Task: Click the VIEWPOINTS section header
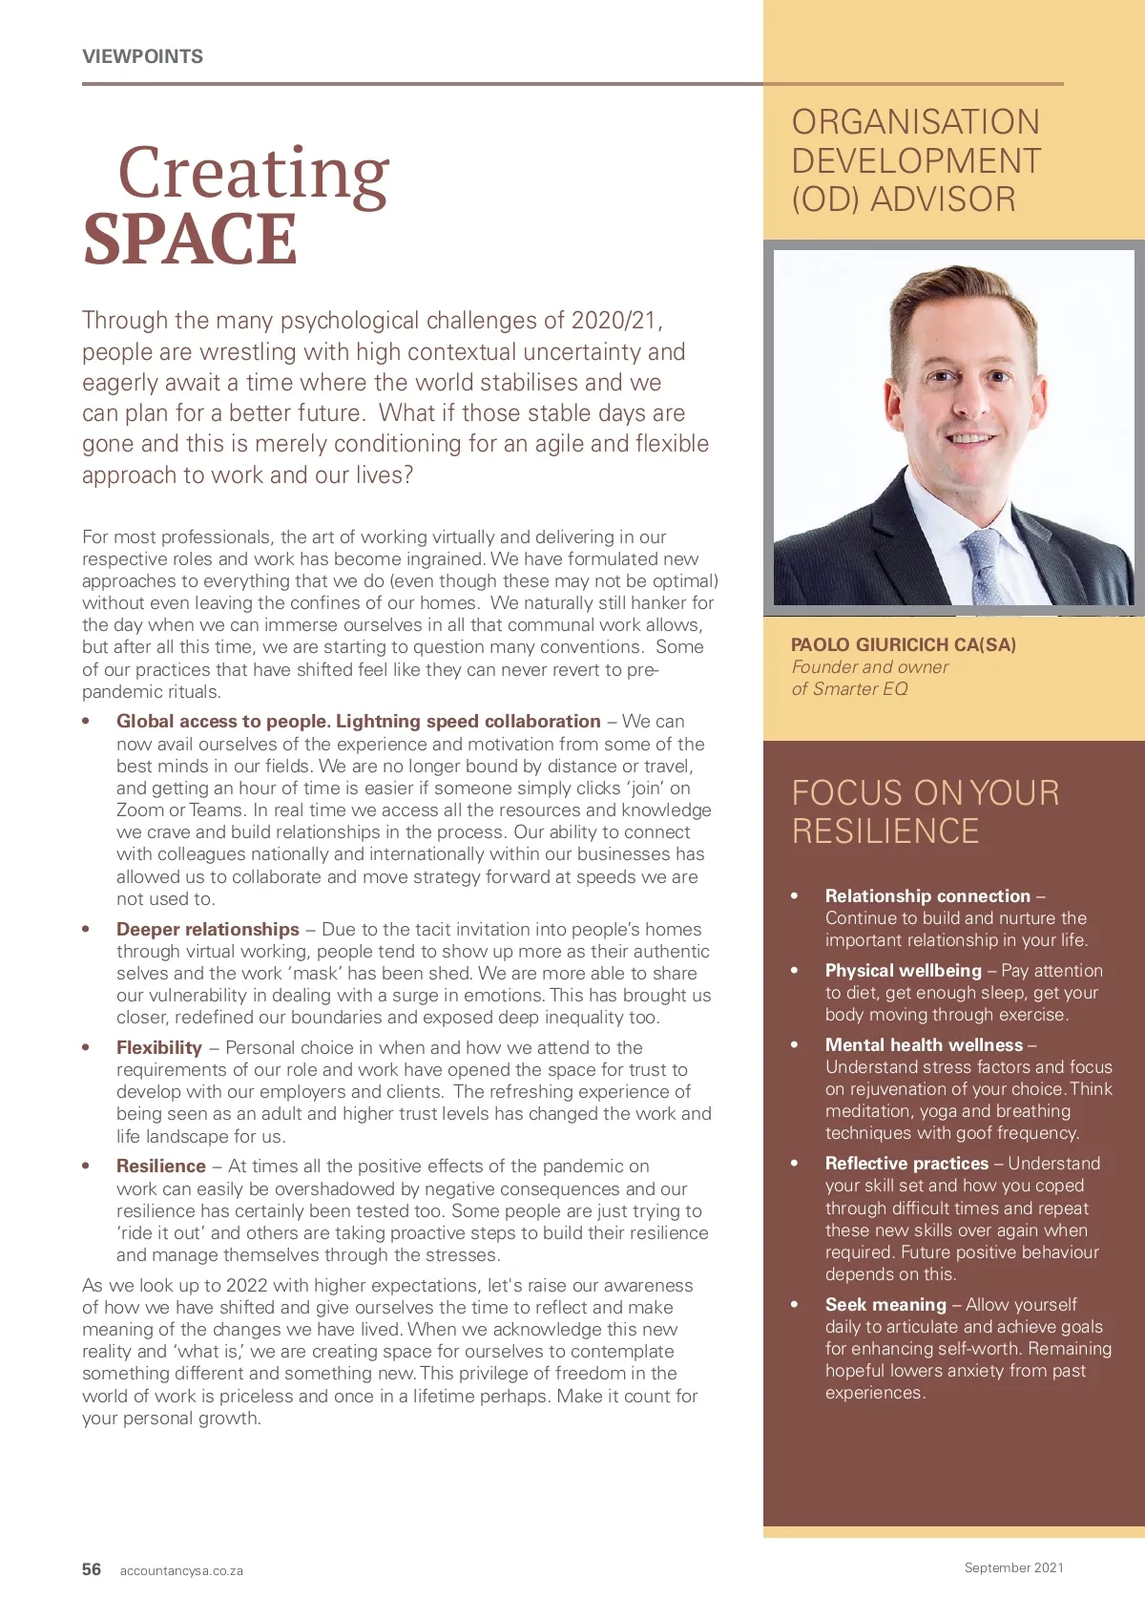click(142, 56)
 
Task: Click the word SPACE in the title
click(190, 240)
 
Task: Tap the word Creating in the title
click(253, 174)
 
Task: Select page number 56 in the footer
click(92, 1569)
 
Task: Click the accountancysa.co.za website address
click(181, 1570)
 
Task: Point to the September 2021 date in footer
click(1013, 1567)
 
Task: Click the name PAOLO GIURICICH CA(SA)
click(903, 644)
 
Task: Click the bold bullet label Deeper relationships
click(208, 929)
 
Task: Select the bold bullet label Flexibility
click(159, 1047)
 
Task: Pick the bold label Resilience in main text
click(161, 1166)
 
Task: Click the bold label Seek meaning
click(885, 1304)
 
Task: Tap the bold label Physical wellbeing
click(903, 970)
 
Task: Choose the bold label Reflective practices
click(906, 1163)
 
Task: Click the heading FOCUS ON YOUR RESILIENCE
click(925, 811)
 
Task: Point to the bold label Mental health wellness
click(924, 1044)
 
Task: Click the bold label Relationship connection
click(927, 895)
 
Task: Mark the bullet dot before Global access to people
click(86, 722)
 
